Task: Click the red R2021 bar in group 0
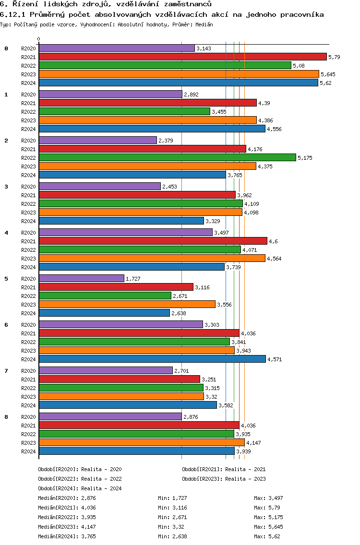tap(182, 57)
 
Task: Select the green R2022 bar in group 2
tap(167, 157)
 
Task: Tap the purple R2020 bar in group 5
tap(81, 278)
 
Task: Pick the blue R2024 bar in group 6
tap(152, 359)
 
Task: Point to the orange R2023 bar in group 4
tap(152, 258)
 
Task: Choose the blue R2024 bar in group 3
tap(121, 221)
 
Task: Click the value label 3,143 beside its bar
tap(204, 48)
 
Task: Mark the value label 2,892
tap(191, 95)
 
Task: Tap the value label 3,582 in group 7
tap(226, 405)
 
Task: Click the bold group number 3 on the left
tap(6, 187)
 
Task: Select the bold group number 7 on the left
tap(6, 371)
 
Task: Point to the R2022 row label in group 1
tap(28, 112)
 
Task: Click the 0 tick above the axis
tap(39, 39)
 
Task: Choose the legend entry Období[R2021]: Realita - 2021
tap(224, 469)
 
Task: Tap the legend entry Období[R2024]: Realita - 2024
tap(80, 488)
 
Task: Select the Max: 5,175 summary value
tap(267, 517)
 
